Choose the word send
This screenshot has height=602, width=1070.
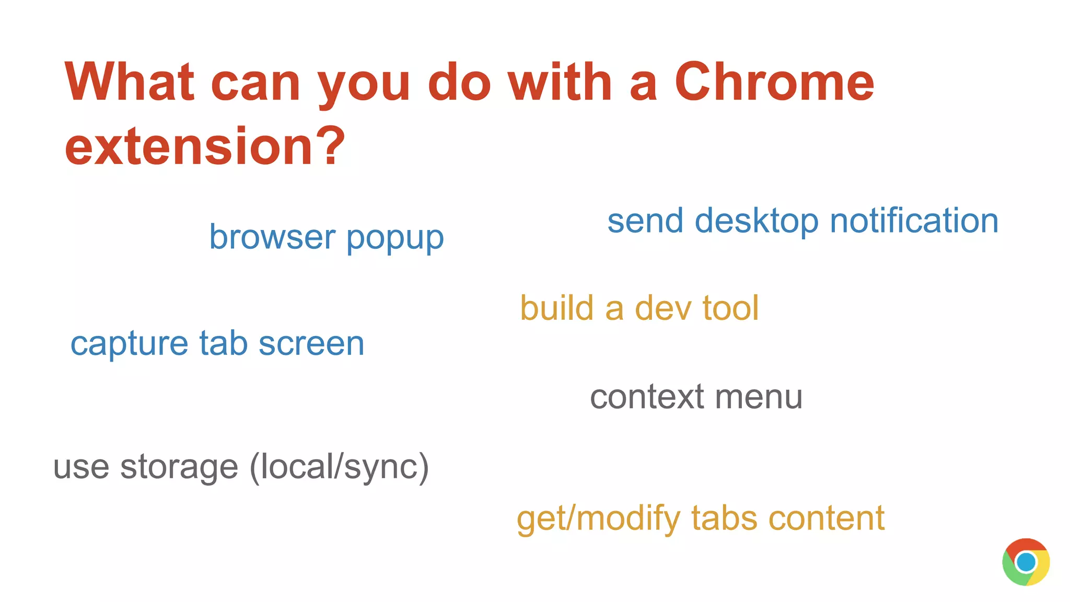[x=645, y=221]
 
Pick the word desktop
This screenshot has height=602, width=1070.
[x=757, y=222]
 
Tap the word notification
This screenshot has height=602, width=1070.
[x=914, y=221]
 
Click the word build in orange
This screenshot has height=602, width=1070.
[x=556, y=308]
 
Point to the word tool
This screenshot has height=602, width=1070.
[x=730, y=308]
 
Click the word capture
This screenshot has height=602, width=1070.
[x=129, y=345]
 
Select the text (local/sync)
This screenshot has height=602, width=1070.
[x=339, y=467]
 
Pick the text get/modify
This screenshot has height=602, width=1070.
[x=599, y=519]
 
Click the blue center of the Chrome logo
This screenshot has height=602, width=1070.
[x=1026, y=562]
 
